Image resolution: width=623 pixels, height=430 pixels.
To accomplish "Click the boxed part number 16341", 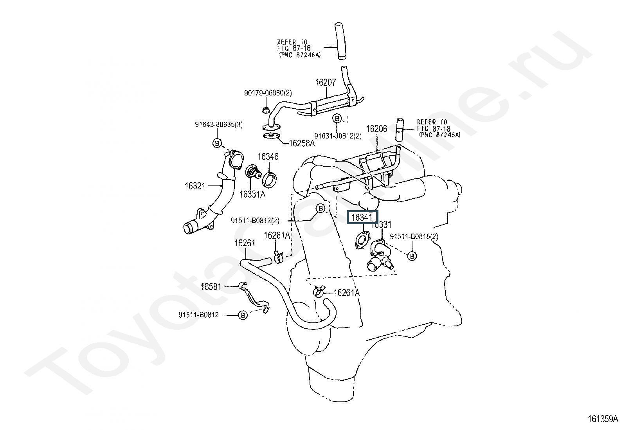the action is pyautogui.click(x=362, y=217).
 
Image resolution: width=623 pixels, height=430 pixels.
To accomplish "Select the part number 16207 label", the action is pyautogui.click(x=326, y=82).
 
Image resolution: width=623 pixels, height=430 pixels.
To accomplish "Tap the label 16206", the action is pyautogui.click(x=376, y=129).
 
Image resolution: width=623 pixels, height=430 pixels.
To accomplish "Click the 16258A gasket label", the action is pyautogui.click(x=302, y=143).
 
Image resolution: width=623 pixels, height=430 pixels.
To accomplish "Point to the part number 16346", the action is pyautogui.click(x=268, y=157).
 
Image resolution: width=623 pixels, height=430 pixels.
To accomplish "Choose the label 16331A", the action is pyautogui.click(x=252, y=194).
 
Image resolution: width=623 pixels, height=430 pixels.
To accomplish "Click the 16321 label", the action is pyautogui.click(x=195, y=186).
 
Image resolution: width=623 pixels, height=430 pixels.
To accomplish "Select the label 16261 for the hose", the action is pyautogui.click(x=245, y=243).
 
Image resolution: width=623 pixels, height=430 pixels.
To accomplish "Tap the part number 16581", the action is pyautogui.click(x=211, y=286).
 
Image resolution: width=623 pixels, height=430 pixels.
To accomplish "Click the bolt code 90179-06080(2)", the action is pyautogui.click(x=268, y=93).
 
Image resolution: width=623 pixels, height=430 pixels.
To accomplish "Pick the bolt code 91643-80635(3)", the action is pyautogui.click(x=219, y=124).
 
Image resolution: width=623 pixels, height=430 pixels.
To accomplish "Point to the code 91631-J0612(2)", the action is pyautogui.click(x=338, y=136).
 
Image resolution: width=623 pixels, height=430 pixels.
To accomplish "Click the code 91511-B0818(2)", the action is pyautogui.click(x=414, y=236).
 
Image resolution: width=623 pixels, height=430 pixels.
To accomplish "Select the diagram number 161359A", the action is pyautogui.click(x=603, y=419).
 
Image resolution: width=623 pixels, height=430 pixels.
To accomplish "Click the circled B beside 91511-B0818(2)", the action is pyautogui.click(x=412, y=256).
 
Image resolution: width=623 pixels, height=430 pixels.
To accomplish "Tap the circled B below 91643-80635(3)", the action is pyautogui.click(x=217, y=143).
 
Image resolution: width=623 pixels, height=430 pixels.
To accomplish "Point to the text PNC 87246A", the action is pyautogui.click(x=300, y=55).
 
